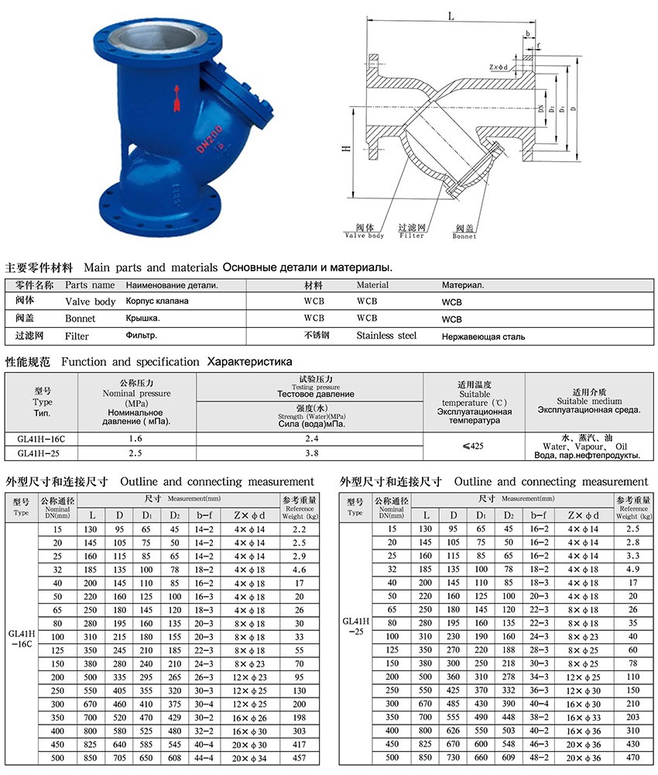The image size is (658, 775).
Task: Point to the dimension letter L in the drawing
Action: tap(449, 16)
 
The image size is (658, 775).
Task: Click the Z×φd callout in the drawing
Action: tap(501, 67)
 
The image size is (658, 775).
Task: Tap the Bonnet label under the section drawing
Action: tap(464, 236)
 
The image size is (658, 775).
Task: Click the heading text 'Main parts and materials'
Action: tap(150, 267)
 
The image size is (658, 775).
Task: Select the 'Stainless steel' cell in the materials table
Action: tap(386, 336)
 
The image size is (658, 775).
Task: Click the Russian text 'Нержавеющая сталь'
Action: tap(483, 336)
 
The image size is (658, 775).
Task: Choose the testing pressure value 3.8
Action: tap(309, 453)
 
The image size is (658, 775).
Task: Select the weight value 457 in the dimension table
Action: tap(299, 757)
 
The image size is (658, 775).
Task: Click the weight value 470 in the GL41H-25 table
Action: tap(633, 757)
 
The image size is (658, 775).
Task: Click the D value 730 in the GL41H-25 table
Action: tap(451, 757)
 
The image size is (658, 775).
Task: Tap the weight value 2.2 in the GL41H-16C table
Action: tap(299, 529)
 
